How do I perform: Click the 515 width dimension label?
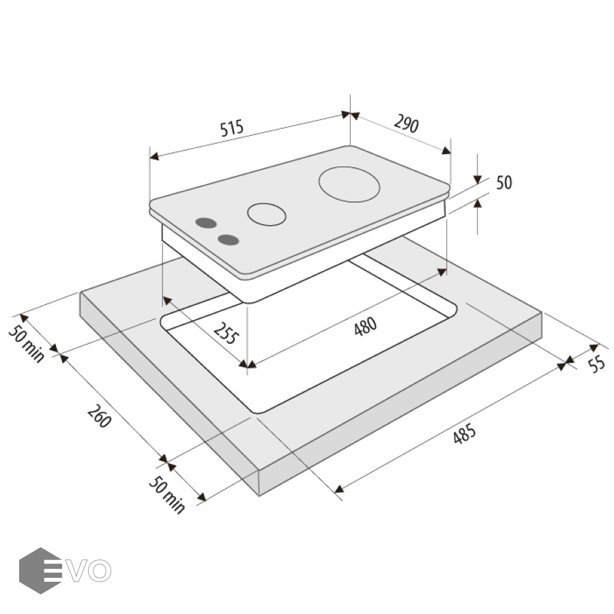point(232,128)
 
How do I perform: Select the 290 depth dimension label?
point(407,123)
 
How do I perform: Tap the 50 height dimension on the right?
point(504,182)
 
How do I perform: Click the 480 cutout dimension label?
point(366,326)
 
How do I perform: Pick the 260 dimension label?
point(100,416)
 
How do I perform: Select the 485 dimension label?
point(465,433)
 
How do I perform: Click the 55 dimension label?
point(596,364)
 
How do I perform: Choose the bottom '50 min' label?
point(167,495)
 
